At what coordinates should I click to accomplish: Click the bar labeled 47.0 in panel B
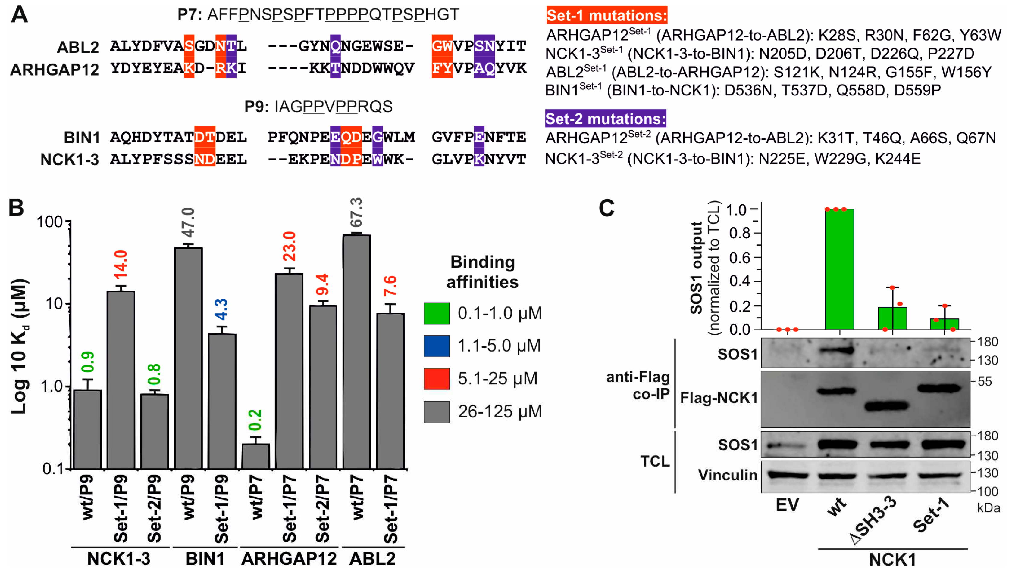point(188,357)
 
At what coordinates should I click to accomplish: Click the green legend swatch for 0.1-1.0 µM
point(436,313)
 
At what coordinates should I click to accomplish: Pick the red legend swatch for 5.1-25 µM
point(436,379)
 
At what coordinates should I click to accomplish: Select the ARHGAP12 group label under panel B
point(289,559)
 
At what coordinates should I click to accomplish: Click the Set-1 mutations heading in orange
point(606,15)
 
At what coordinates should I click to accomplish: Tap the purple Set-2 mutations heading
point(605,119)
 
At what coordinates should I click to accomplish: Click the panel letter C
point(606,208)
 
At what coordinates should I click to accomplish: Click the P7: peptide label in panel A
point(190,15)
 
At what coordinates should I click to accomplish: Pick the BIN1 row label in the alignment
point(82,138)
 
